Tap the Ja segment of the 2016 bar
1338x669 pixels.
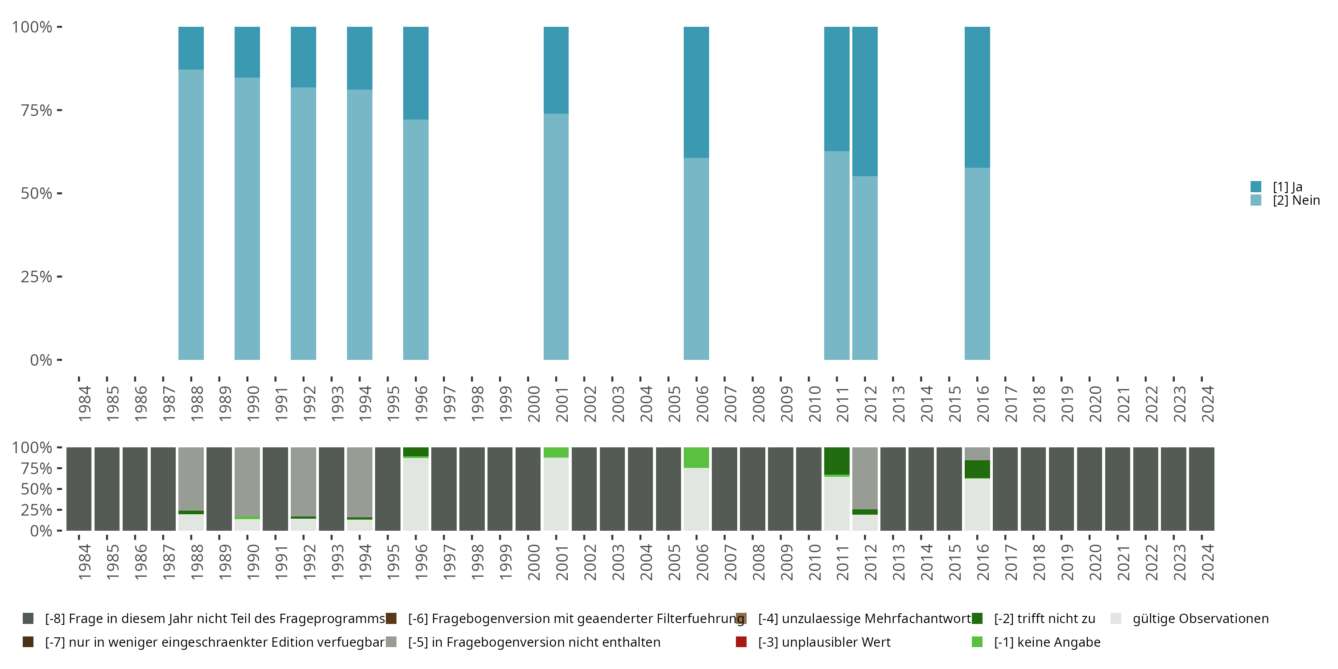[x=977, y=97]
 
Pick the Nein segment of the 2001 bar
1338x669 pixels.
[x=556, y=236]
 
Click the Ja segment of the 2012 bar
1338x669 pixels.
[x=865, y=101]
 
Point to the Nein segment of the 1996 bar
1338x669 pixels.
[x=416, y=240]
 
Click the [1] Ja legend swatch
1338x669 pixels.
[x=1256, y=186]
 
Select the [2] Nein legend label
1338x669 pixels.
[x=1296, y=201]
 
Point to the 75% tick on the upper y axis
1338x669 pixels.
[x=59, y=110]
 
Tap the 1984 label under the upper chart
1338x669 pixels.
[x=85, y=404]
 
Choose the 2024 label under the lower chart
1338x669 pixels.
[x=1208, y=562]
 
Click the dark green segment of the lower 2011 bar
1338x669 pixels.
[x=837, y=460]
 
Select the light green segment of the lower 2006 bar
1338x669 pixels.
[x=696, y=458]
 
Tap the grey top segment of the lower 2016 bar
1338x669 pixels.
[x=977, y=454]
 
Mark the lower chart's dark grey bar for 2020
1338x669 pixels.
[x=1089, y=489]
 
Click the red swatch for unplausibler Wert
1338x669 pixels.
[x=741, y=642]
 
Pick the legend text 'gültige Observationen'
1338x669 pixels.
[x=1200, y=619]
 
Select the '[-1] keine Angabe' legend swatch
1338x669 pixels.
[x=977, y=642]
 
